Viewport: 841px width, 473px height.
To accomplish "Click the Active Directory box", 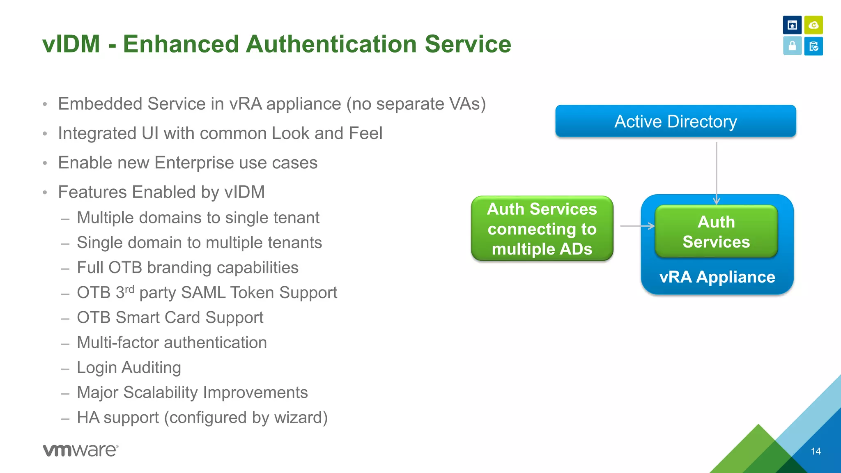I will click(x=676, y=121).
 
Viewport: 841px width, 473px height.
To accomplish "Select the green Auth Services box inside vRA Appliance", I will click(x=716, y=232).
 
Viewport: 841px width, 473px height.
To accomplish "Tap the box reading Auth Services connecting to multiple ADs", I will click(x=542, y=229).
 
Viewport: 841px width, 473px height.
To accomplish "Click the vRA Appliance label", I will click(x=717, y=277).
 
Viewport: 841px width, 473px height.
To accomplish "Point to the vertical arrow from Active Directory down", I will click(x=717, y=172).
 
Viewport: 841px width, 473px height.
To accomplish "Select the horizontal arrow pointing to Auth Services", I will click(x=637, y=226).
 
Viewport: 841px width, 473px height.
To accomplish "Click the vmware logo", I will click(x=80, y=450).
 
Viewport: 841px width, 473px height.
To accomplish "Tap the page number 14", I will click(x=816, y=451).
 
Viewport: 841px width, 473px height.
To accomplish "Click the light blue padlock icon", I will click(x=792, y=46).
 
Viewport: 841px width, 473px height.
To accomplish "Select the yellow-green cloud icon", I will click(x=813, y=25).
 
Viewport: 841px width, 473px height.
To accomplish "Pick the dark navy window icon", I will click(x=792, y=25).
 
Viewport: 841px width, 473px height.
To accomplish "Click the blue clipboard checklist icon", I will click(x=813, y=46).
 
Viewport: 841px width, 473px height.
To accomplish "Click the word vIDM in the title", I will click(x=71, y=44).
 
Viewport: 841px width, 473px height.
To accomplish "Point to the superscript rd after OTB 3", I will click(x=129, y=289).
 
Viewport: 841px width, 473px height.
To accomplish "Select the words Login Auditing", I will click(x=129, y=367).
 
